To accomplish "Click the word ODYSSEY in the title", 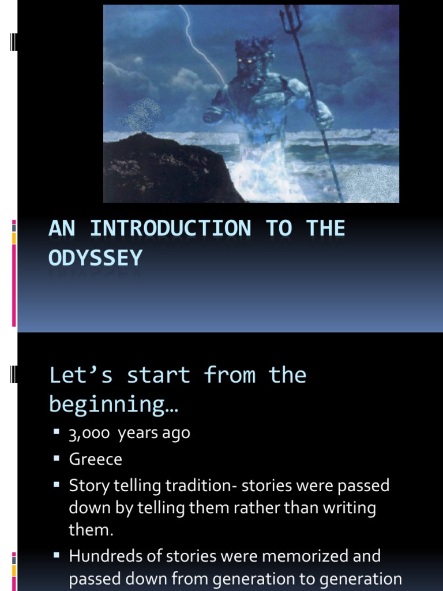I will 96,258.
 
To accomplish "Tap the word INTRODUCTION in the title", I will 171,229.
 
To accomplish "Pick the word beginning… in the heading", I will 114,404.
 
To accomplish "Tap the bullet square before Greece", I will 57,459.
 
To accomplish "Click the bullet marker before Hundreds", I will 57,556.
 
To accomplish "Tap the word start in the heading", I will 159,375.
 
